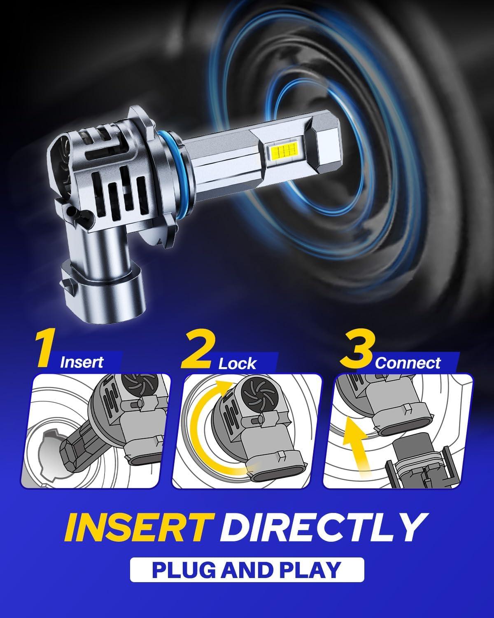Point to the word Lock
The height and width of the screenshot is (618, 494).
coord(237,363)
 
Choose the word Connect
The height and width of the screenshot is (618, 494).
coord(407,363)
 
